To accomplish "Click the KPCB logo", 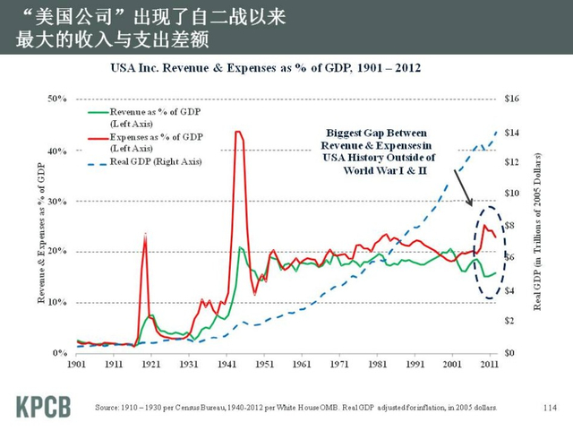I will click(x=42, y=405).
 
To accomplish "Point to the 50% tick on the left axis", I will click(x=56, y=98).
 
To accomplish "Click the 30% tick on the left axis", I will click(x=56, y=201).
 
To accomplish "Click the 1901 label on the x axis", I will click(x=78, y=366).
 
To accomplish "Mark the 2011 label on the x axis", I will click(x=490, y=366).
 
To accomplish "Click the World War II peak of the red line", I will click(x=237, y=133).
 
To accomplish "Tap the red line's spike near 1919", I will click(x=145, y=235).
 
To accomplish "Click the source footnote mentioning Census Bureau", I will click(x=295, y=408).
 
